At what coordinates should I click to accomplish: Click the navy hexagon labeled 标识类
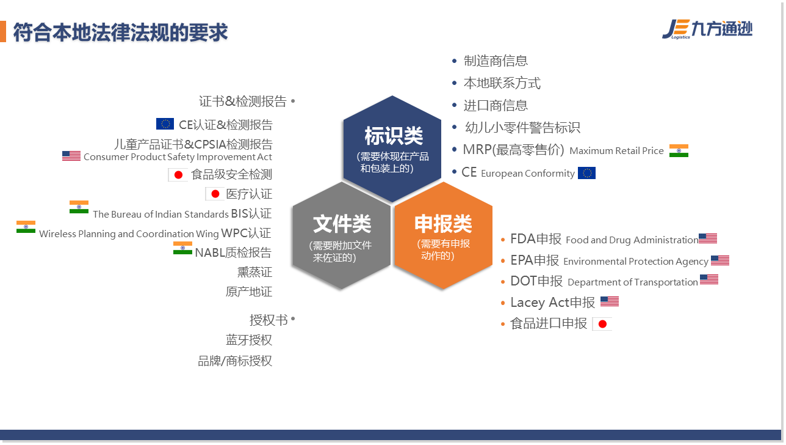pyautogui.click(x=392, y=149)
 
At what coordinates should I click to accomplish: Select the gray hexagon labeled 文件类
pyautogui.click(x=341, y=235)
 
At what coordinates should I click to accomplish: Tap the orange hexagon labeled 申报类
pyautogui.click(x=443, y=235)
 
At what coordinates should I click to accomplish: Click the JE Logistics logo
pyautogui.click(x=707, y=29)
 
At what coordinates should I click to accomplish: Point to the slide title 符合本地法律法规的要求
pyautogui.click(x=120, y=32)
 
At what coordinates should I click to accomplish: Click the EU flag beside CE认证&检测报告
pyautogui.click(x=165, y=123)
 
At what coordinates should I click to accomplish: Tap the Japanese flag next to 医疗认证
pyautogui.click(x=215, y=194)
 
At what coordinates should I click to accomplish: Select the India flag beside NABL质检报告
pyautogui.click(x=182, y=248)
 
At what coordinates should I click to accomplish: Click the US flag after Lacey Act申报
pyautogui.click(x=610, y=301)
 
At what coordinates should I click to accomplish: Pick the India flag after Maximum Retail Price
pyautogui.click(x=679, y=150)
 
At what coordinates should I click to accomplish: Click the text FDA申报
pyautogui.click(x=535, y=239)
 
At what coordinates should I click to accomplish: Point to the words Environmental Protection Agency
pyautogui.click(x=636, y=261)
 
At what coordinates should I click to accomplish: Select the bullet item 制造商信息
pyautogui.click(x=496, y=61)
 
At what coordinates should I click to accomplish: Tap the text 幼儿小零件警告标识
pyautogui.click(x=522, y=127)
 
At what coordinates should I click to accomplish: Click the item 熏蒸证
pyautogui.click(x=254, y=272)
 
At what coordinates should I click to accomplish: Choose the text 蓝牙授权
pyautogui.click(x=249, y=340)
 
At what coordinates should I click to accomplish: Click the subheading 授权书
pyautogui.click(x=269, y=320)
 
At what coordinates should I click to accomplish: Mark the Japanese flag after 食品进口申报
pyautogui.click(x=602, y=324)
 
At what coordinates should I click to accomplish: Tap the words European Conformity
pyautogui.click(x=528, y=173)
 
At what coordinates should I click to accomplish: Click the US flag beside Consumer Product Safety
pyautogui.click(x=71, y=156)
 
